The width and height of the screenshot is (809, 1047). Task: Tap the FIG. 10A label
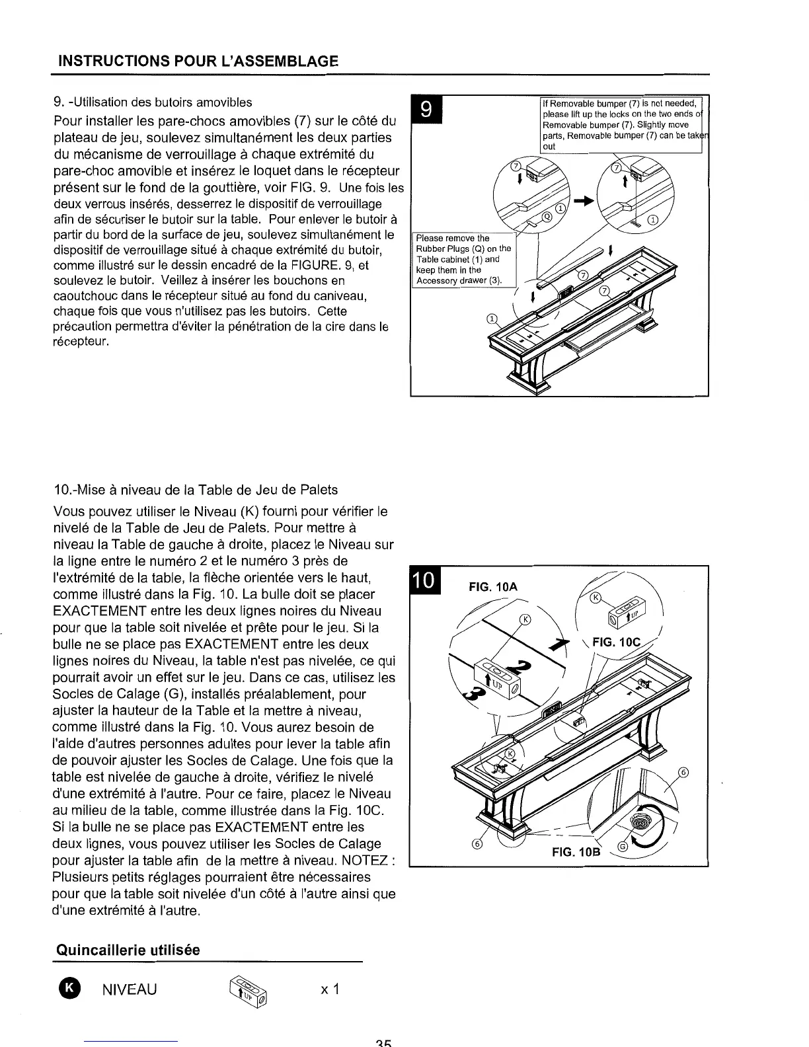click(492, 587)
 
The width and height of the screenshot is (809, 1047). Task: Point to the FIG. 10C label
click(617, 642)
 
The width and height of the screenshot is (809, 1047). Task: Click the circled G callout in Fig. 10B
click(622, 848)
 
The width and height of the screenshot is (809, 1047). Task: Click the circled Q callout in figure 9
click(547, 218)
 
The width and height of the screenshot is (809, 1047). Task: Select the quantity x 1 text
click(328, 989)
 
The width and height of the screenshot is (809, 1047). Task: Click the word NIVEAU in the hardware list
click(130, 989)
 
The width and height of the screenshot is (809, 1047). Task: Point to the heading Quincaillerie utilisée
click(128, 950)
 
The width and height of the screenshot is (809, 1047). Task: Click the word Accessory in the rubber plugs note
click(434, 280)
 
